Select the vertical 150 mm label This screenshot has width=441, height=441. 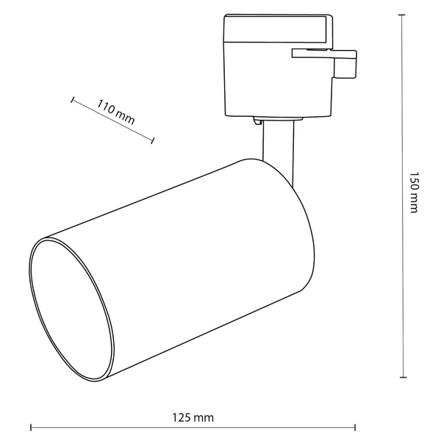point(413,193)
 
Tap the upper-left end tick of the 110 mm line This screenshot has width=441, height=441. point(73,98)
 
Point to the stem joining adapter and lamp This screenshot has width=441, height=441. point(280,143)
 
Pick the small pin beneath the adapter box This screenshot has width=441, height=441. point(258,120)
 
